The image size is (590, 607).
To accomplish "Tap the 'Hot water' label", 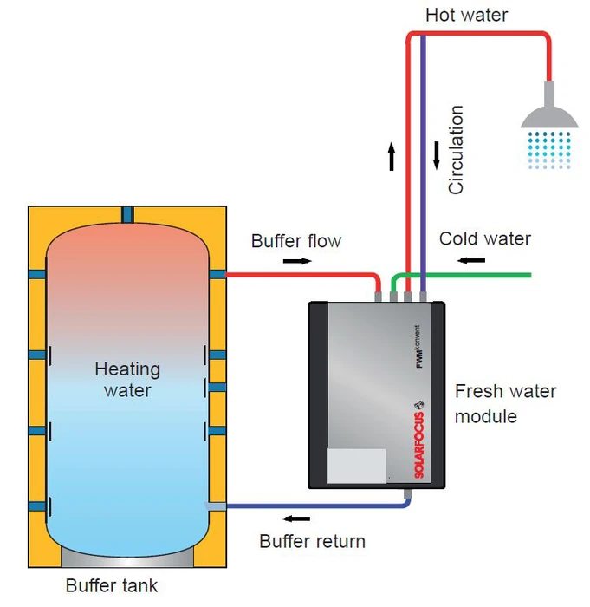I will click(x=467, y=15).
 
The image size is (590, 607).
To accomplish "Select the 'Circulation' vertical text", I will click(x=457, y=150).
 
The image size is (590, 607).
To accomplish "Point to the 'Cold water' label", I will click(x=485, y=238).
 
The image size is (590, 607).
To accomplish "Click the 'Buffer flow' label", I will click(x=296, y=240).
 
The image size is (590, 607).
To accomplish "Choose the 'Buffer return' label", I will click(x=313, y=541).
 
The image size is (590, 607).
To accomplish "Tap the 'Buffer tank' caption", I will click(x=112, y=585).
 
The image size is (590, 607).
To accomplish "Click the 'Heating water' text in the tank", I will click(x=127, y=379).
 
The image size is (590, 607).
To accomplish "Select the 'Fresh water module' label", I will click(x=505, y=403).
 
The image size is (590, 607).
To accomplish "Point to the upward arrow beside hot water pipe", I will click(x=392, y=157).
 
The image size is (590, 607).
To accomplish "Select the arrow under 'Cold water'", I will click(x=472, y=258).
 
